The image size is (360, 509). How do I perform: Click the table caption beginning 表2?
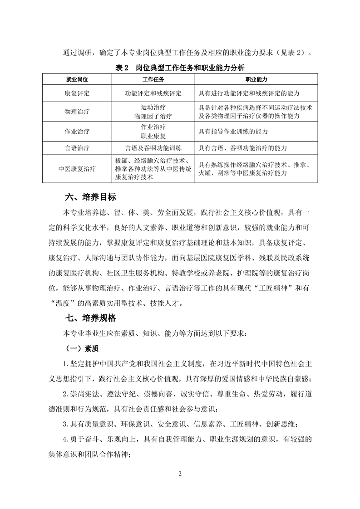[x=180, y=68]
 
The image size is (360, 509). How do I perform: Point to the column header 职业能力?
[x=256, y=79]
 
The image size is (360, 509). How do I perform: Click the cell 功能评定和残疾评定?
[x=153, y=93]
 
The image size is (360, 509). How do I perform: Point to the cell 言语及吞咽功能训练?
[x=153, y=148]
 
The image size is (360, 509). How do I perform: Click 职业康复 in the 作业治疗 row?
[x=153, y=136]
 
